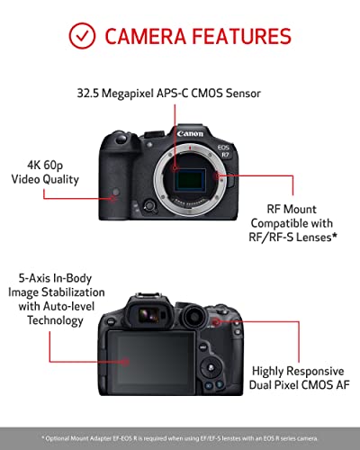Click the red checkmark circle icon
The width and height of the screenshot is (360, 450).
[x=84, y=36]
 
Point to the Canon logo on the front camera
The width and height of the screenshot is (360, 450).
[x=190, y=133]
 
